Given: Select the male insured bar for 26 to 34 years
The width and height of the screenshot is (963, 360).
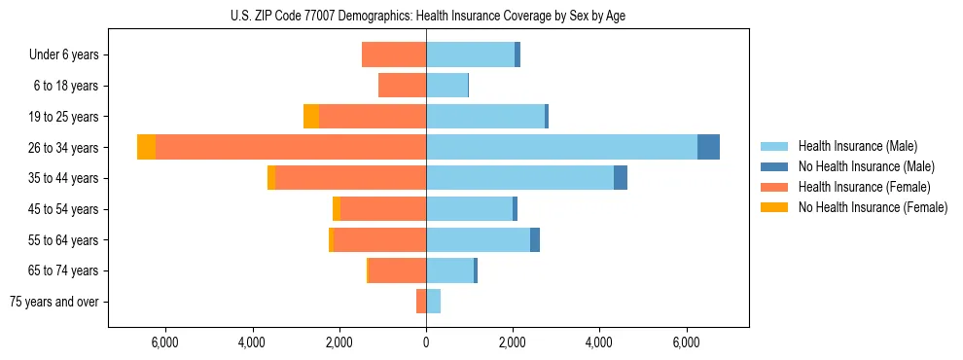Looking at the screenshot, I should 561,147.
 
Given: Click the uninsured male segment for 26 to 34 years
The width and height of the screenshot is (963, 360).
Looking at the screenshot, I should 708,147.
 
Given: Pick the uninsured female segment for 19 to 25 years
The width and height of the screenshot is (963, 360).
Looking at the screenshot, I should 311,116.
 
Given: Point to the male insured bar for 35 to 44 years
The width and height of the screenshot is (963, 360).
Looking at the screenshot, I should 519,178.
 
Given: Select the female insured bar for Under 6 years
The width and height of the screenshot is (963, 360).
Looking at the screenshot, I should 394,54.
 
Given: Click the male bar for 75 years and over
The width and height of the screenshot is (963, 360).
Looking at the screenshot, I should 433,302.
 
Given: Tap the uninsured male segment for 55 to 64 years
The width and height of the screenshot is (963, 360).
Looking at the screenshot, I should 535,239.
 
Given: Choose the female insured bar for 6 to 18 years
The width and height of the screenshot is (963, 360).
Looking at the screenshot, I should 402,86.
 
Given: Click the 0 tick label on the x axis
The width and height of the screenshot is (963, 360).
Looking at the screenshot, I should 426,343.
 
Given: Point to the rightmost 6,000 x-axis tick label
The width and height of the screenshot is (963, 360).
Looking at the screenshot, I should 687,343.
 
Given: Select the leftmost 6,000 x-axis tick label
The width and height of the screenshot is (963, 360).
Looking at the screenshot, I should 165,343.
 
